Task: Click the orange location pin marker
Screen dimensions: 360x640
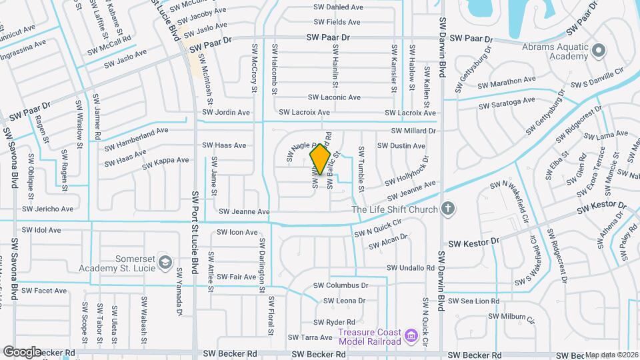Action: tap(321, 159)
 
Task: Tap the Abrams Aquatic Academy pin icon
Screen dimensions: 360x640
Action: tap(598, 50)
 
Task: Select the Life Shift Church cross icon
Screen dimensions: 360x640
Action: tap(448, 209)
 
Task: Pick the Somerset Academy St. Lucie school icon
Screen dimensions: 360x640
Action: tap(164, 263)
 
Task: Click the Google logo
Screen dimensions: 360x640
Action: tap(22, 351)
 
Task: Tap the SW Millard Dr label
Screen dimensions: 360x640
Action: tap(413, 131)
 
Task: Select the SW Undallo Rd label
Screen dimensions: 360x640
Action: tap(412, 267)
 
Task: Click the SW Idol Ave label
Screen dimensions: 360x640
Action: tap(41, 229)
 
